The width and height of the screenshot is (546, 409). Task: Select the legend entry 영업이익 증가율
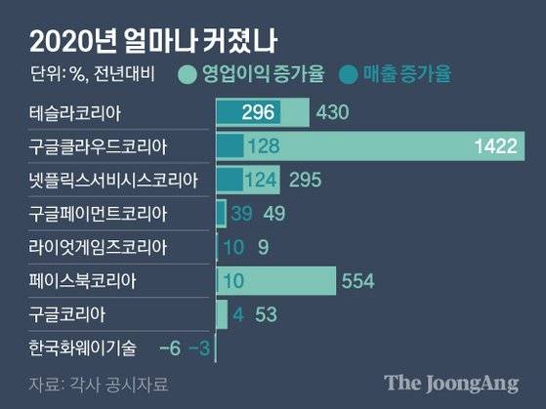(x=250, y=74)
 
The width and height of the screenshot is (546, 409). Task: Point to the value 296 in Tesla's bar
(x=257, y=113)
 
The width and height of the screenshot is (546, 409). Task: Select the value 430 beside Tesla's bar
(x=333, y=113)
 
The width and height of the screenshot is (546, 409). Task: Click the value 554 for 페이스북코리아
(x=359, y=282)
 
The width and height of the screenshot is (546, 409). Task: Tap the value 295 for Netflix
(x=303, y=181)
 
